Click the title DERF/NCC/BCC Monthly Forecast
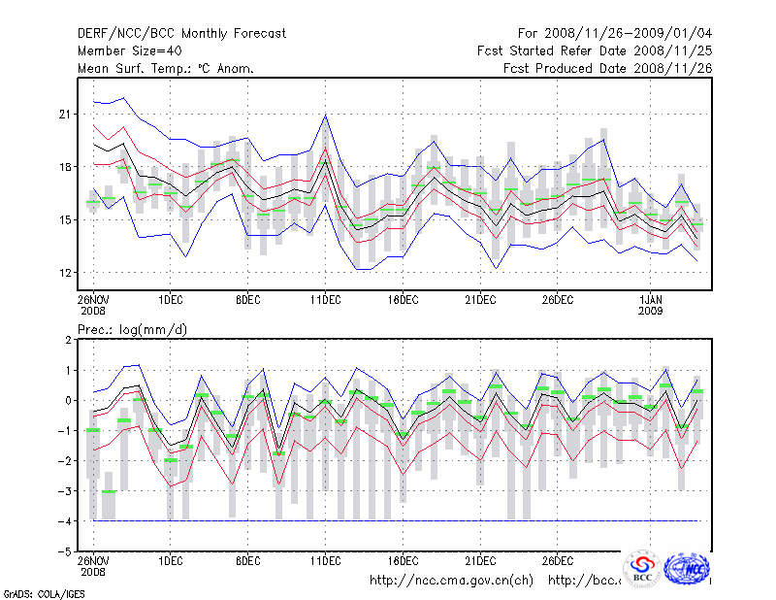(181, 34)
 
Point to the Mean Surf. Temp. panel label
(166, 69)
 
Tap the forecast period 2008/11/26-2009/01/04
(616, 34)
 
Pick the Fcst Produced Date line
(608, 69)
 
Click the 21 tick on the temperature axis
(66, 115)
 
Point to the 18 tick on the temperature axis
(66, 167)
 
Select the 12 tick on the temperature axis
(66, 272)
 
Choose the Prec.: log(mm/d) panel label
(133, 330)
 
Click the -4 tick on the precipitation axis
(65, 521)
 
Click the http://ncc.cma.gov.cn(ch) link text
(451, 581)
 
